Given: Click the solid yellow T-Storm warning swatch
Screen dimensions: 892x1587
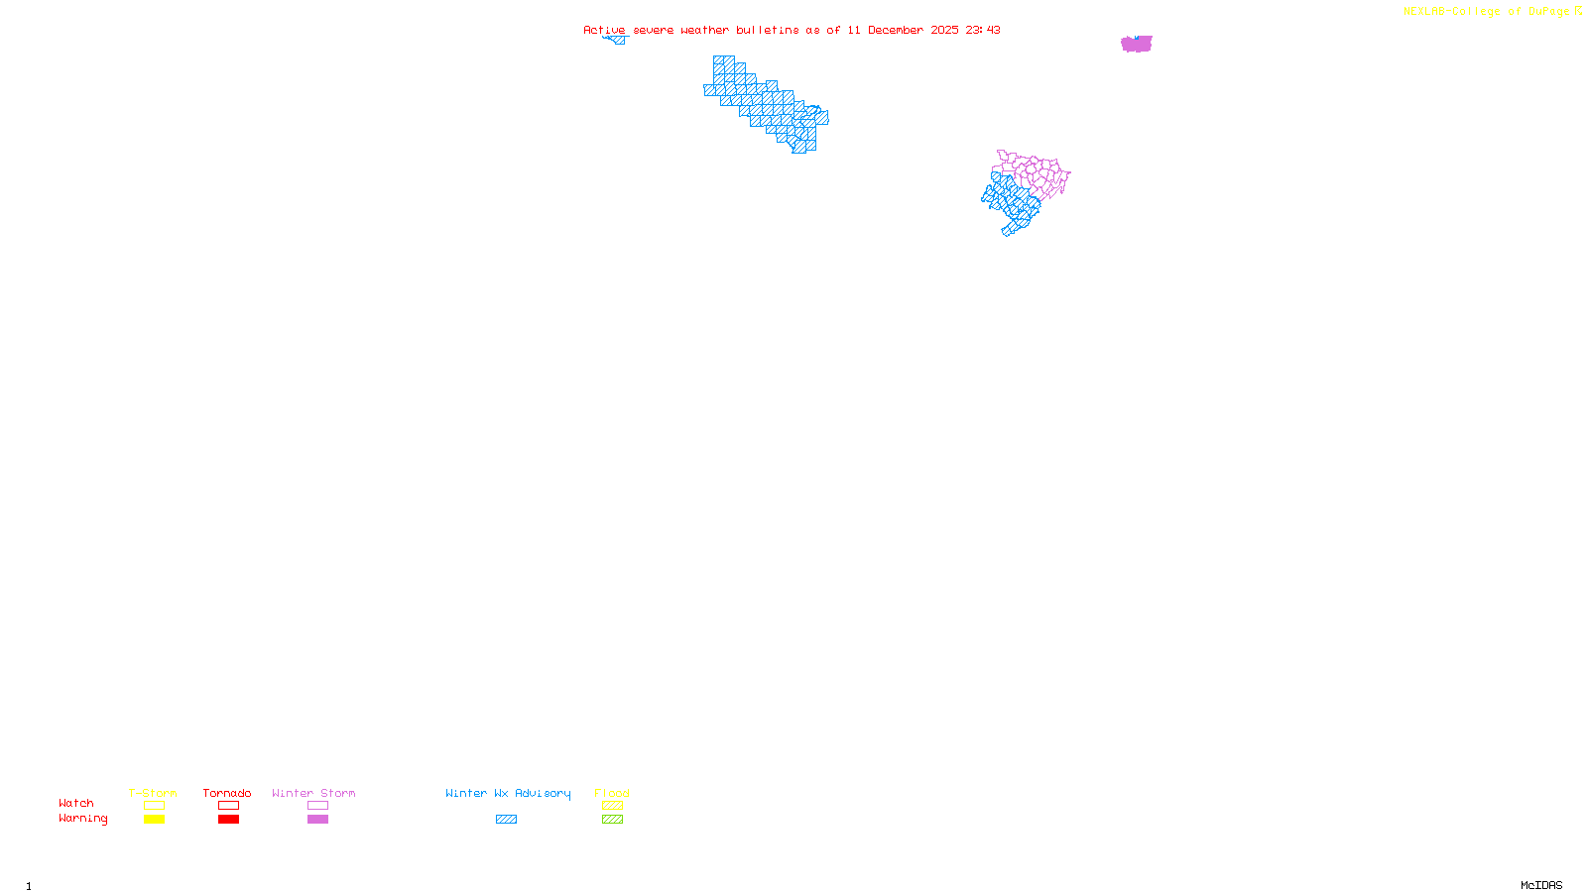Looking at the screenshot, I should (x=154, y=820).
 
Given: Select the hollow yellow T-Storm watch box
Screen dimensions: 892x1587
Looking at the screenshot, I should (x=154, y=806).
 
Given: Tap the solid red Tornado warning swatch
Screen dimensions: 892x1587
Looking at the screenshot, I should (x=228, y=820).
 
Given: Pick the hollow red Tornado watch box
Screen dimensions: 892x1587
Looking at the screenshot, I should (x=228, y=806).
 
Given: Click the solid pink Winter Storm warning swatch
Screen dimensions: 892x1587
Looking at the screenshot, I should (x=317, y=820).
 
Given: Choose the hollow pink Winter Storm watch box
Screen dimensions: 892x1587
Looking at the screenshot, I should (x=317, y=806).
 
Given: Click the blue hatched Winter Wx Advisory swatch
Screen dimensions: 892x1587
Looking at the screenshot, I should (x=506, y=820).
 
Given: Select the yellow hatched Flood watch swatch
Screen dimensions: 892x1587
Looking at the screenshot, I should (x=612, y=806).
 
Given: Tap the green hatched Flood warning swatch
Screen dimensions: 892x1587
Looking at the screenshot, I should (x=612, y=820).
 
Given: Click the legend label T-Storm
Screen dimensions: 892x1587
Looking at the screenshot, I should (x=153, y=793).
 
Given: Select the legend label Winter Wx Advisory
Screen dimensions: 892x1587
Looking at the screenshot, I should (x=508, y=793).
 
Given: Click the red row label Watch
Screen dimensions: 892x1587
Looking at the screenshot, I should (x=76, y=804).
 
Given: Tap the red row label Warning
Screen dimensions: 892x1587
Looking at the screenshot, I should (x=82, y=819).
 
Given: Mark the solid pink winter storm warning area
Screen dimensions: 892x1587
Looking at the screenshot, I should (x=1137, y=44).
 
